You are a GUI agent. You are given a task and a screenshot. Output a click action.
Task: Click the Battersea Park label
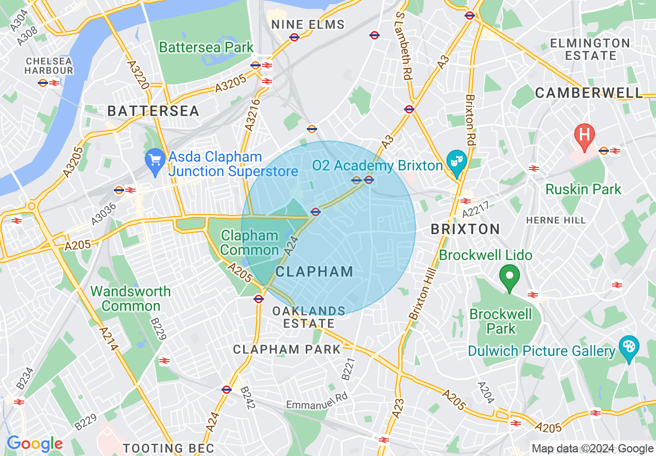tap(206, 48)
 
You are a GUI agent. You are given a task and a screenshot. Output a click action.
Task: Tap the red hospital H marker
tap(584, 135)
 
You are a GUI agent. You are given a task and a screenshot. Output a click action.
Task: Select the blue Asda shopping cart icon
tap(154, 158)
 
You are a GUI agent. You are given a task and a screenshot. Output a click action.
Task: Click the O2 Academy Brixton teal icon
tap(457, 163)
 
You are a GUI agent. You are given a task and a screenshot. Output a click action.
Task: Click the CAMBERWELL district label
tap(589, 93)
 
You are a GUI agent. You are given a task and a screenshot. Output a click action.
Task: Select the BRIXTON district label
tap(465, 229)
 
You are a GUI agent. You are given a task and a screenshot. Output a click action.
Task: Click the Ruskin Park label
tap(583, 189)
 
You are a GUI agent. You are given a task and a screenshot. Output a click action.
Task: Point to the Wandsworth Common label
tap(130, 298)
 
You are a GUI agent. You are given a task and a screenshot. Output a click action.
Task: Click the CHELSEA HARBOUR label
tap(49, 66)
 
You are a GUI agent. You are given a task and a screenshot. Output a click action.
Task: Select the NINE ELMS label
tap(308, 24)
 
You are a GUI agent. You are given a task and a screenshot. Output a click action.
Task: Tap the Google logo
tap(35, 444)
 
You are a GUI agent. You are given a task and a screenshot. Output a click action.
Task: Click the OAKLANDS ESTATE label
tap(309, 317)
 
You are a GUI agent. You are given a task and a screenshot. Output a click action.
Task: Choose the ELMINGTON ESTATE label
tap(590, 49)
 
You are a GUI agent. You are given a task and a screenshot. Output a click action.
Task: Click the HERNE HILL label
tap(556, 220)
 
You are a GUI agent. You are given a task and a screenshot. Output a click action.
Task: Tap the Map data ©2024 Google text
tap(592, 449)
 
